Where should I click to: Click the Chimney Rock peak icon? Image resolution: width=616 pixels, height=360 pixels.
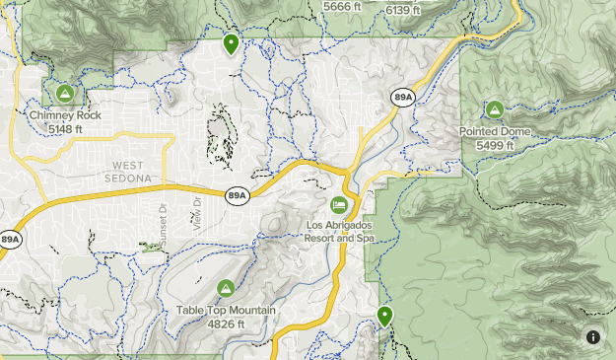point(65,94)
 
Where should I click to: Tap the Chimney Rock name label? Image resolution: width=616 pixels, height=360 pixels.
point(65,115)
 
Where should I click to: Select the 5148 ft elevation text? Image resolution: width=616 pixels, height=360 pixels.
point(65,128)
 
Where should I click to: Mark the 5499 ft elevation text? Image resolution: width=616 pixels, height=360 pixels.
point(495,145)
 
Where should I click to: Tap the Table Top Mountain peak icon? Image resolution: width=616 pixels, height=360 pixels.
point(225,288)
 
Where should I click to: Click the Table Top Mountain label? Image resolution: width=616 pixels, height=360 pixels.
point(226,311)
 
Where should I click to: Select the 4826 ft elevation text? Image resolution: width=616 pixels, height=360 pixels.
point(226,324)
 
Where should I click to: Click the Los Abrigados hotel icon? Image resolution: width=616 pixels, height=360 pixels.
point(339,205)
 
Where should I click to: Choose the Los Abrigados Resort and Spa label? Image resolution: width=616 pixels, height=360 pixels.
point(340,231)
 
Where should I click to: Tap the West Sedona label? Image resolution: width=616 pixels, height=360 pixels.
point(132,171)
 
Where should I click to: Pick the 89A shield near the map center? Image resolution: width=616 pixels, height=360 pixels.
point(237,195)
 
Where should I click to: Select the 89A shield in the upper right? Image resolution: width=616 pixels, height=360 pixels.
point(402,98)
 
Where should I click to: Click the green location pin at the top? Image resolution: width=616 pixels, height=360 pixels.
point(231,43)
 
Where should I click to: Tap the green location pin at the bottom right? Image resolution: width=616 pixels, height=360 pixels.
point(384,316)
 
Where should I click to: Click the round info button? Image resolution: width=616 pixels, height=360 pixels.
point(593,337)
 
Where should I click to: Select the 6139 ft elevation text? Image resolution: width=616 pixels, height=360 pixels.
point(402,10)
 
